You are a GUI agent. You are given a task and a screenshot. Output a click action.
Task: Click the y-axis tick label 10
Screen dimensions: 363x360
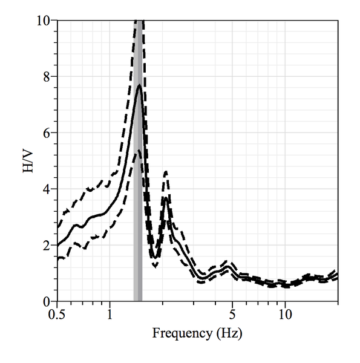42,21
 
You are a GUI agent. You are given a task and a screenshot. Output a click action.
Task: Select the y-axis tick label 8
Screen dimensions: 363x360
46,77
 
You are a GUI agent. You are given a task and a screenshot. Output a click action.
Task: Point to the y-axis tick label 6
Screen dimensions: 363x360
46,132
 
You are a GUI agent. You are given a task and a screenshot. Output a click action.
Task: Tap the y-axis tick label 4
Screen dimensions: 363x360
46,189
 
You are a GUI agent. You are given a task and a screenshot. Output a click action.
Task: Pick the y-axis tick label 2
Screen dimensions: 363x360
46,245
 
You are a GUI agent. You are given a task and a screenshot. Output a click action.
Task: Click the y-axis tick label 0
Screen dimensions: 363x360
46,301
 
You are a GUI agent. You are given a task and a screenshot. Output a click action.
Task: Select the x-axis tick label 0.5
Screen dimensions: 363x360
56,315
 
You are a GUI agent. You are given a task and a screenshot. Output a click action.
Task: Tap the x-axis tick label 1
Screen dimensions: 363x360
110,315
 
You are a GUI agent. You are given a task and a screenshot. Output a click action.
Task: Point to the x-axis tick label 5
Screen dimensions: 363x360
232,315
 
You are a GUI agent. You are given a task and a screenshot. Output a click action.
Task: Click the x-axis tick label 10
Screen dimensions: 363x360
285,315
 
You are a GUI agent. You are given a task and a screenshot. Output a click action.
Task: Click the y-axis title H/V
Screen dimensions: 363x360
27,161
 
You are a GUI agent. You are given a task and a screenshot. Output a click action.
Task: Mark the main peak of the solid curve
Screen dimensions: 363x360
139,85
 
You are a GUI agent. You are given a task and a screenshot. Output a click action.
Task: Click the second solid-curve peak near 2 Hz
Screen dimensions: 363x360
166,197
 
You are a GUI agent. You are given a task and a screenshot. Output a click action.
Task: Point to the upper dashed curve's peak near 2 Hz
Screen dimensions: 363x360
166,172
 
